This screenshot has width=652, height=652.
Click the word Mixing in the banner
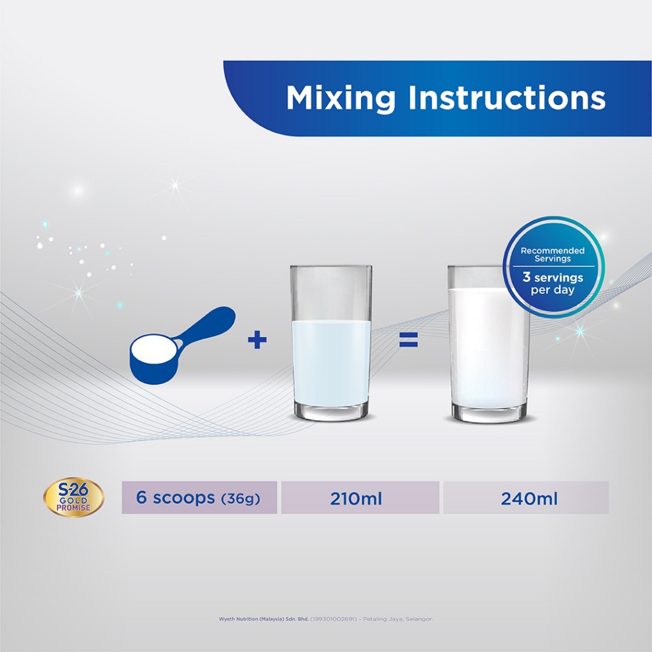(341, 98)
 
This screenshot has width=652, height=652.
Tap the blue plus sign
(257, 340)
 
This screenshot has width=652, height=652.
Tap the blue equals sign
(408, 340)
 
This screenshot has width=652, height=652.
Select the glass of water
(331, 343)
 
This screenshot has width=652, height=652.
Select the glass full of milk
(489, 344)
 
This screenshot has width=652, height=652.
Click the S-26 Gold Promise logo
(74, 497)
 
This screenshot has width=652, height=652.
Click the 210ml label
(356, 498)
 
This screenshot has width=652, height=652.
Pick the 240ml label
(529, 498)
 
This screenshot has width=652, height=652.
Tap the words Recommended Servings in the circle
(553, 255)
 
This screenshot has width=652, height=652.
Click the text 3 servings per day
(553, 283)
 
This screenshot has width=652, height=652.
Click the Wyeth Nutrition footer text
(264, 619)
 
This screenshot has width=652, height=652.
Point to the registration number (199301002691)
(334, 619)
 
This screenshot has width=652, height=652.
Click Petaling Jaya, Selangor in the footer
(398, 619)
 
